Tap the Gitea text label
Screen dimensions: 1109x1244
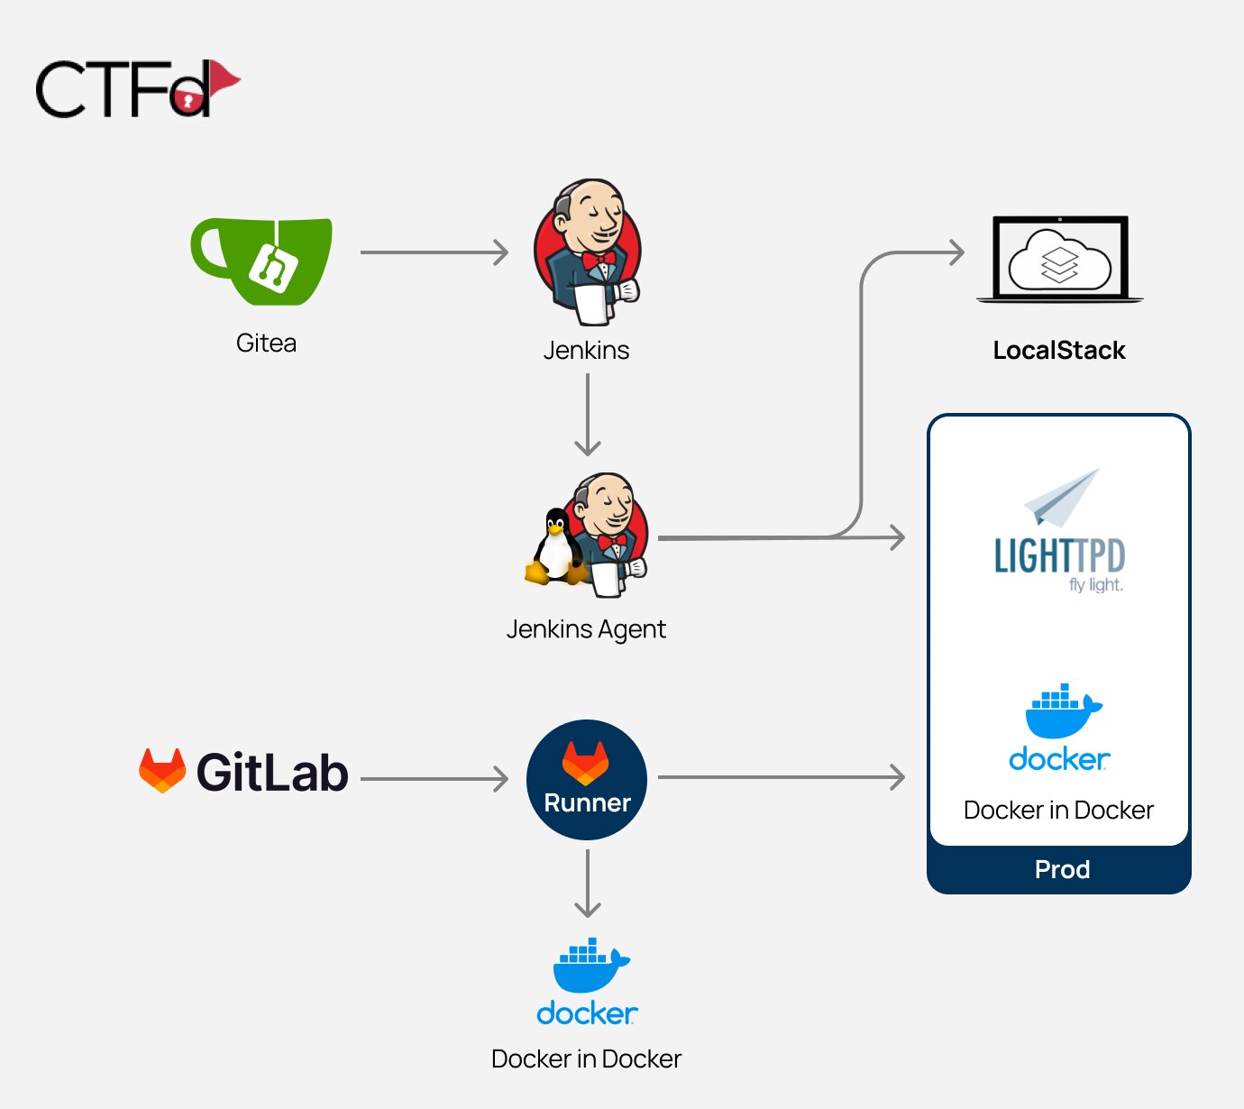pos(266,344)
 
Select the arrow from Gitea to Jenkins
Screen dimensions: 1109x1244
pos(434,252)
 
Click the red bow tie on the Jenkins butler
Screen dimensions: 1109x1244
pos(598,260)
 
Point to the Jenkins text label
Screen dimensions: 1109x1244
pos(586,350)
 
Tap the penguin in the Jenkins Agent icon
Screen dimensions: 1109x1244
pos(553,546)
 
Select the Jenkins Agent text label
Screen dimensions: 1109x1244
pos(586,629)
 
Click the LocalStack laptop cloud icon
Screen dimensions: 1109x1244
pos(1059,260)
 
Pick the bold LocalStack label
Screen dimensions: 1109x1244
pos(1059,351)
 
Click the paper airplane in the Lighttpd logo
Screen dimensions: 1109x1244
pos(1064,496)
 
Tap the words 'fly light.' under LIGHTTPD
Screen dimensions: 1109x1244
pos(1095,585)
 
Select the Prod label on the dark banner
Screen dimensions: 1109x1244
pos(1062,869)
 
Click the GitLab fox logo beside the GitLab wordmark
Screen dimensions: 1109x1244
pos(162,771)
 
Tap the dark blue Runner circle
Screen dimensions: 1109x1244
pos(587,780)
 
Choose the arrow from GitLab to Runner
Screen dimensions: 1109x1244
pos(434,778)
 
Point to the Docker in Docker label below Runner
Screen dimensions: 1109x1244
pos(586,1059)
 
